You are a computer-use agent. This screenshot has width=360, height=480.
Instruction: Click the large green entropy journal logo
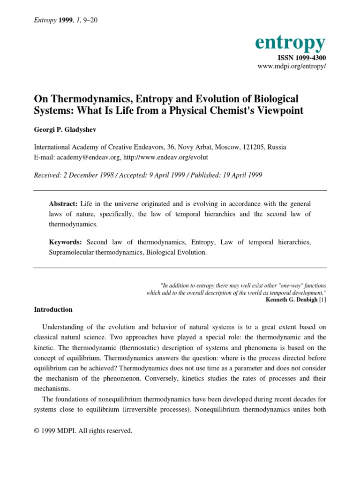pos(290,43)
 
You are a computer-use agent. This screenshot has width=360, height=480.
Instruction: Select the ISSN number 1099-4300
pos(302,58)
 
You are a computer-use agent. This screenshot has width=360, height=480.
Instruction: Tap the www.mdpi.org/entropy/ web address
pos(292,67)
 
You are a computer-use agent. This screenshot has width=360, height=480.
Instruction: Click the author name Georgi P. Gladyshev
pos(64,129)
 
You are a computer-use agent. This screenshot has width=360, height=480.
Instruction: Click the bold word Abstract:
pos(64,204)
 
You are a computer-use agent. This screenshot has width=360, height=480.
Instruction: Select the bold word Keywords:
pos(66,242)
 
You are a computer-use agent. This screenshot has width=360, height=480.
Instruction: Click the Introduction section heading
pos(53,309)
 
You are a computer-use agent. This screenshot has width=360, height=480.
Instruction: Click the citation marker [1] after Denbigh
pos(322,300)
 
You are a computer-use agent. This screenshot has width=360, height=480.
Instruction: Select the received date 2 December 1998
pos(90,175)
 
